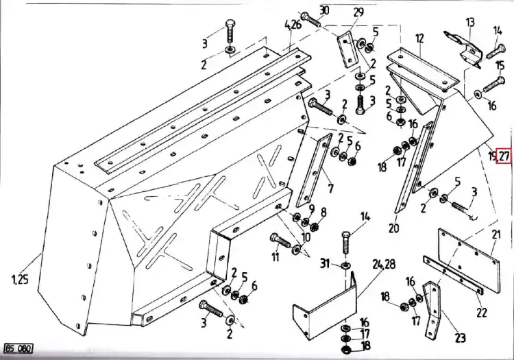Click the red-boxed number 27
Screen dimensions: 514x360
504,155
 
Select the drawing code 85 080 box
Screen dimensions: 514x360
19,348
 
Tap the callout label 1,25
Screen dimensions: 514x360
20,280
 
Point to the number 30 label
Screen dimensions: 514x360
324,11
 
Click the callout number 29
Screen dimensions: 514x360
358,12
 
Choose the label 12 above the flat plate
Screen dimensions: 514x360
419,38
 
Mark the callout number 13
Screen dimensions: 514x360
470,23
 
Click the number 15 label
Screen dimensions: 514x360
500,65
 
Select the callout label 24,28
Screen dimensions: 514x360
384,263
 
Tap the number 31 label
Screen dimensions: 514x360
325,263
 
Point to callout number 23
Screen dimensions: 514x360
461,337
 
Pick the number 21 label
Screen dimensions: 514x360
496,235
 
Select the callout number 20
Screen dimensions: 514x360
393,228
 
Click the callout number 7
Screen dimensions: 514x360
331,189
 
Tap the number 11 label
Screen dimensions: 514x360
276,256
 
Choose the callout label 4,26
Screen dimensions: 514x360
293,24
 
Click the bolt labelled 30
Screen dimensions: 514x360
310,19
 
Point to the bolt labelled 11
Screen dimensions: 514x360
280,241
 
